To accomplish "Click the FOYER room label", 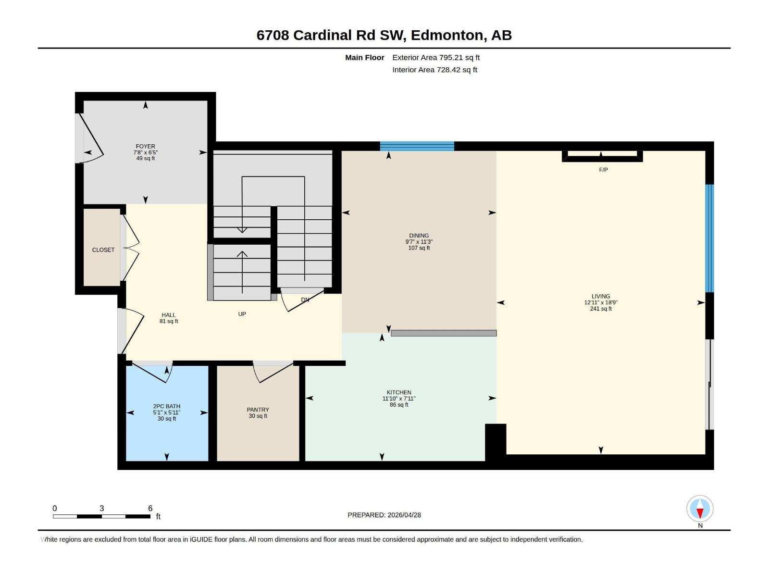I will click(x=145, y=146).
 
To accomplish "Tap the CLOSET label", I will click(x=103, y=250).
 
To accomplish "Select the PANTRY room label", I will click(x=258, y=410).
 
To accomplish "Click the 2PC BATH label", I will click(x=167, y=406).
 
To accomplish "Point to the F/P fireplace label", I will click(x=603, y=170).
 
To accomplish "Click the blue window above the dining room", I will click(x=417, y=146).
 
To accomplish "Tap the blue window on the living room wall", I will click(x=709, y=238).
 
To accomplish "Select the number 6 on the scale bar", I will click(x=150, y=508).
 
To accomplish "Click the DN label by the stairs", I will click(x=305, y=300).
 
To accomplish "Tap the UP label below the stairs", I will click(x=242, y=314).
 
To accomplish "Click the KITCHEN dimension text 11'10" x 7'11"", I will click(x=399, y=399).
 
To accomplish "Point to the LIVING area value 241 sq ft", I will click(x=601, y=309).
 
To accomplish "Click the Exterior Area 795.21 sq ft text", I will click(x=436, y=57).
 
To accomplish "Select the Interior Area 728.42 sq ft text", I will click(x=434, y=70).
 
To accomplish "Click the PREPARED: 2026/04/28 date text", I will click(x=384, y=515).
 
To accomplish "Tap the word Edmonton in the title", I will click(x=447, y=35).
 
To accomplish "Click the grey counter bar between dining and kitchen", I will click(x=443, y=333).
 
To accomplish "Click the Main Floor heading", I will click(x=364, y=57).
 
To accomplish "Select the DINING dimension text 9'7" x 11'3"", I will click(x=419, y=242).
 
